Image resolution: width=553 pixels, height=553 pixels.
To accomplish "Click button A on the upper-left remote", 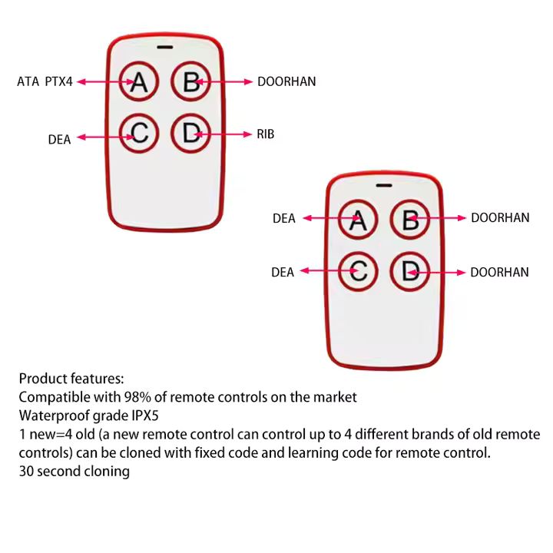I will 138,81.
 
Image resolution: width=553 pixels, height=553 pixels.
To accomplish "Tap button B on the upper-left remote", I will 190,81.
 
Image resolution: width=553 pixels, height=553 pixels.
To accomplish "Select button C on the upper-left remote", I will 139,134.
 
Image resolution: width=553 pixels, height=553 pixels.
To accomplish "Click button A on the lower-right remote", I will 358,220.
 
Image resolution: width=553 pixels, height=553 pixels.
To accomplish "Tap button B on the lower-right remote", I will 409,220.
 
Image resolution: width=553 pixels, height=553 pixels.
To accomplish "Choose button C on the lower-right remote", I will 358,271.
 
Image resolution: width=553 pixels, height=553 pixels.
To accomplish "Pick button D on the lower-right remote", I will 409,271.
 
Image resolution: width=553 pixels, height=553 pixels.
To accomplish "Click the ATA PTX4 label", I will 45,81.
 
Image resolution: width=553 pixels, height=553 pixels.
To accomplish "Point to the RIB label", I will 265,134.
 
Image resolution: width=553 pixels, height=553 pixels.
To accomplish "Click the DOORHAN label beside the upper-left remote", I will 286,81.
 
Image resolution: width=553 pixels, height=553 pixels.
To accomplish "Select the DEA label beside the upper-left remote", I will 59,140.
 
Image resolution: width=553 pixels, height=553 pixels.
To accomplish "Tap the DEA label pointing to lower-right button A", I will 283,219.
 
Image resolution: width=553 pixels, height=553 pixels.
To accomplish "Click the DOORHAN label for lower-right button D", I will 499,273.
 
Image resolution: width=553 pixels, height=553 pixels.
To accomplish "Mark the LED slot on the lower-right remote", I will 384,185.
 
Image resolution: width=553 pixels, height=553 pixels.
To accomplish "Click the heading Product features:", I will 71,379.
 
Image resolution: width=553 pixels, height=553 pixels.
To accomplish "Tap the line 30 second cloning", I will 74,471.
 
